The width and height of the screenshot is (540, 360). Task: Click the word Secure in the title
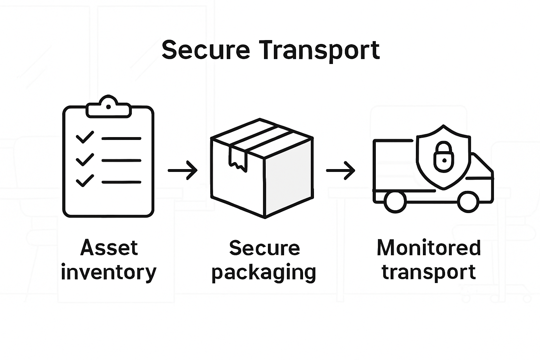point(206,50)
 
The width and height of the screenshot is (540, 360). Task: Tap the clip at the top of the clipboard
point(108,107)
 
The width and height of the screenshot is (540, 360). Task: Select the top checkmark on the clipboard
point(85,137)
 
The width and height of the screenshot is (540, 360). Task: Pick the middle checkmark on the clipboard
point(85,160)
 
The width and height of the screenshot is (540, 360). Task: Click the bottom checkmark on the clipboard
point(85,181)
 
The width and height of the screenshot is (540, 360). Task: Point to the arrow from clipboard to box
point(182,171)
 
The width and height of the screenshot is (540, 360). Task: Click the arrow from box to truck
point(340,171)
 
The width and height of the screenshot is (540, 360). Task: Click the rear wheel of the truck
point(395,202)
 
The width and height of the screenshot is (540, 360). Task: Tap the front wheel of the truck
point(468,202)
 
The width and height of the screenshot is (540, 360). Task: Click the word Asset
point(109,248)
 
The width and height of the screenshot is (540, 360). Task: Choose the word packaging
point(264,273)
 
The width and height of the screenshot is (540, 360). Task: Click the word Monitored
point(429,248)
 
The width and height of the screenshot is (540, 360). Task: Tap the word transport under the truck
point(429,272)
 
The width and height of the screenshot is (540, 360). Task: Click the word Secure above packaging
point(264,248)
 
